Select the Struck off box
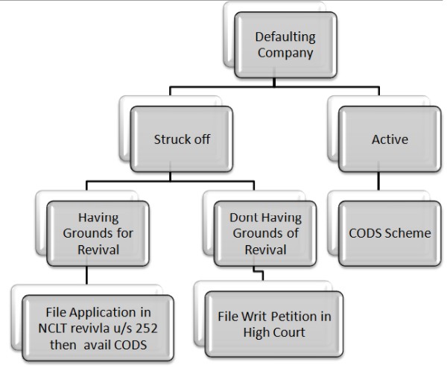[x=179, y=139]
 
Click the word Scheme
[x=408, y=233]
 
